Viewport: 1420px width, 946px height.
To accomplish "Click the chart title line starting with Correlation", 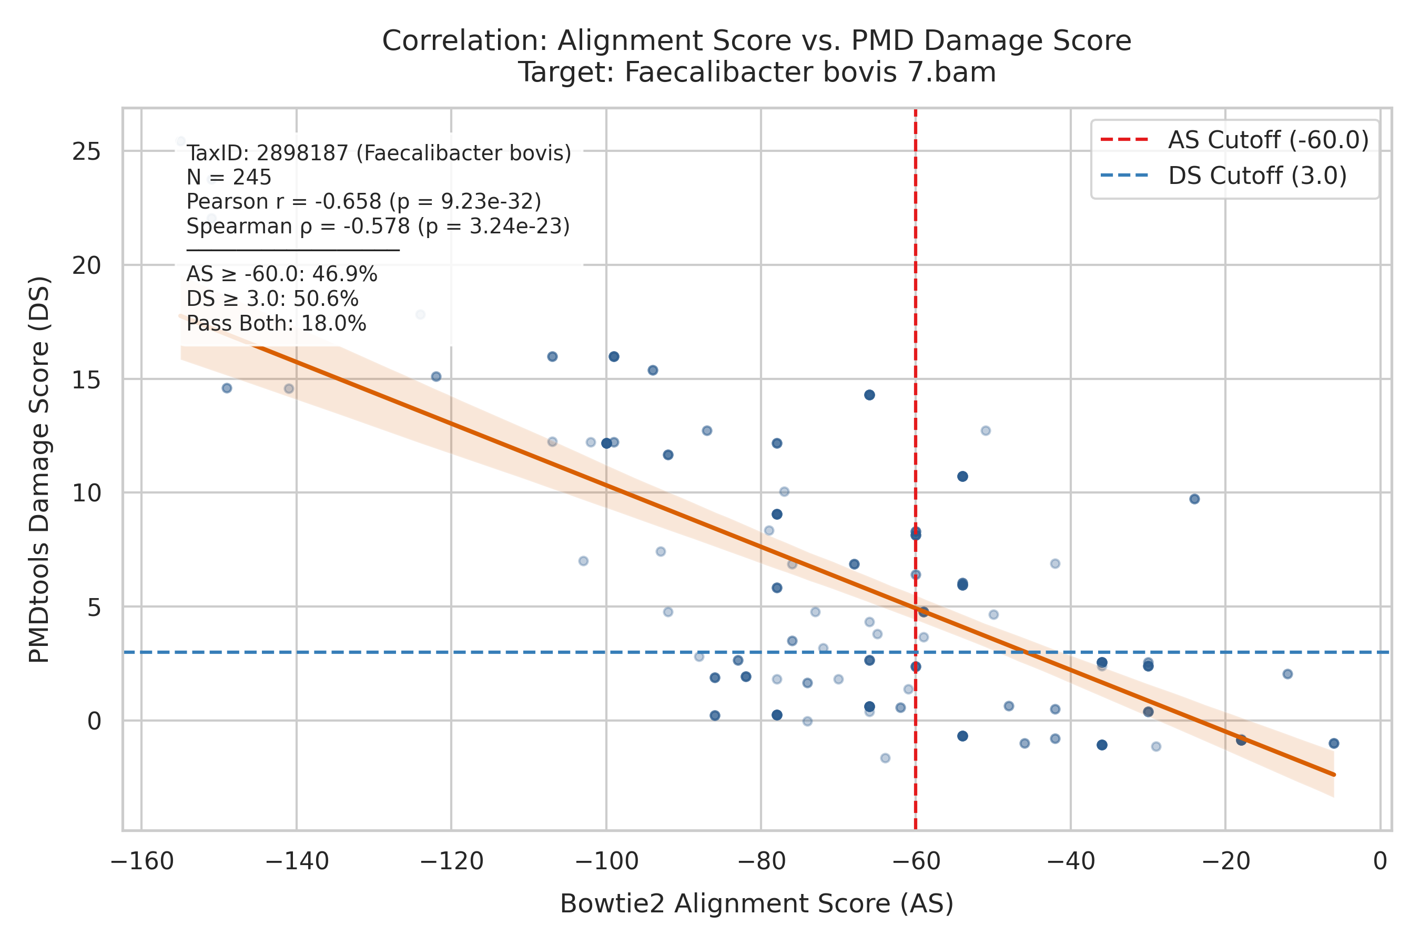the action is click(x=756, y=41).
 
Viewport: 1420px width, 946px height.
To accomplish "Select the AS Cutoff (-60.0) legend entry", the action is click(x=1235, y=139).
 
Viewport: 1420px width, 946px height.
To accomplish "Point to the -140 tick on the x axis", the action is click(x=297, y=861).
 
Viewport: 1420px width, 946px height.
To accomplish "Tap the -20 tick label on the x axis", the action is click(x=1225, y=861).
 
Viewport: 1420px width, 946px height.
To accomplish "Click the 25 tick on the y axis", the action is click(x=86, y=151).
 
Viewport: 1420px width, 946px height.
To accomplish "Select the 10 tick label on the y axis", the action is click(x=86, y=493).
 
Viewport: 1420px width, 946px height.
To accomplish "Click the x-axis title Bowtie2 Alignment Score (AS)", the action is click(x=756, y=904).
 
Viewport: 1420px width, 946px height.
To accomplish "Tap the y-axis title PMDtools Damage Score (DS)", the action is click(x=39, y=470).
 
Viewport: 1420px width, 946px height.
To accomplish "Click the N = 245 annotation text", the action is click(x=229, y=178).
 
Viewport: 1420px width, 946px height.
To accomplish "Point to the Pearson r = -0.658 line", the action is click(x=363, y=201).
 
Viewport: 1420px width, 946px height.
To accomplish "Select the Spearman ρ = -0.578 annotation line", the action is click(x=378, y=226).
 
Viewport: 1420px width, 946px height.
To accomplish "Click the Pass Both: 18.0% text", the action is click(x=276, y=324).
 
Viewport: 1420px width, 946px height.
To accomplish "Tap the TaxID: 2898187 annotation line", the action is click(x=379, y=153).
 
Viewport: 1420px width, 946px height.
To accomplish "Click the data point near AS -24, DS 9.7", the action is click(x=1194, y=499).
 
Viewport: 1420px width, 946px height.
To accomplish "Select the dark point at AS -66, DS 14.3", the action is click(x=869, y=395).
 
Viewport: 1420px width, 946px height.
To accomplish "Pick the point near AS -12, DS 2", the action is click(x=1287, y=674).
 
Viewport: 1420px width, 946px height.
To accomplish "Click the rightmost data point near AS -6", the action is click(x=1334, y=743).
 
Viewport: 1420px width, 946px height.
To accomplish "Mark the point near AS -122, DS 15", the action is click(x=436, y=376).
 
